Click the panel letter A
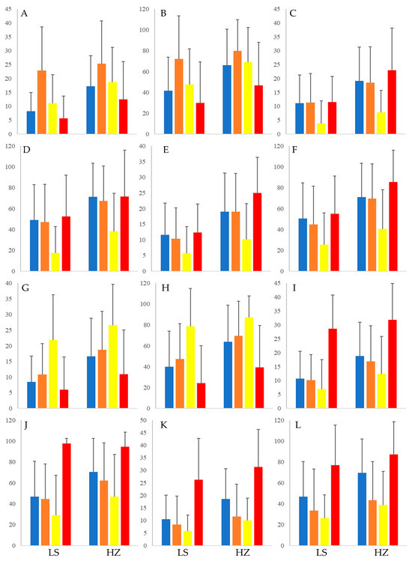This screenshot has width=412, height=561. pyautogui.click(x=24, y=13)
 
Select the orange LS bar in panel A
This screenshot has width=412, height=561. pyautogui.click(x=42, y=102)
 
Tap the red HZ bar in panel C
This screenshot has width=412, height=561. pyautogui.click(x=392, y=102)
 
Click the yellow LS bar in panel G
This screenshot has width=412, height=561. pyautogui.click(x=53, y=374)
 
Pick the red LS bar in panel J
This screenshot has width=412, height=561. pyautogui.click(x=66, y=494)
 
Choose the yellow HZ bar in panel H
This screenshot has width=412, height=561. pyautogui.click(x=249, y=363)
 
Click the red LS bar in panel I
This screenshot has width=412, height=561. pyautogui.click(x=333, y=369)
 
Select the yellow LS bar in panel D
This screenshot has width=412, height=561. pyautogui.click(x=55, y=262)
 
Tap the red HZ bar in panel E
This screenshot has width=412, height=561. pyautogui.click(x=258, y=232)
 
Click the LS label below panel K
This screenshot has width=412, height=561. pyautogui.click(x=183, y=553)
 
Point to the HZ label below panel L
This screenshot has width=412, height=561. pyautogui.click(x=381, y=553)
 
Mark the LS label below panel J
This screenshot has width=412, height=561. pyautogui.click(x=54, y=553)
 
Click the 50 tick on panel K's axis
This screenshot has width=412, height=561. pyautogui.click(x=143, y=420)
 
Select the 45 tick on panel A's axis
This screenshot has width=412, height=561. pyautogui.click(x=8, y=9)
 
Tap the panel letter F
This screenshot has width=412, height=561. pyautogui.click(x=295, y=150)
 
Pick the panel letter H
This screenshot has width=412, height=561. pyautogui.click(x=166, y=288)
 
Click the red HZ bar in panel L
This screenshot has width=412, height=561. pyautogui.click(x=393, y=500)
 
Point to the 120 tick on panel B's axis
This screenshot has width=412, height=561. pyautogui.click(x=144, y=9)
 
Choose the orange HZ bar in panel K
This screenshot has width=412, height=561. pyautogui.click(x=237, y=531)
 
